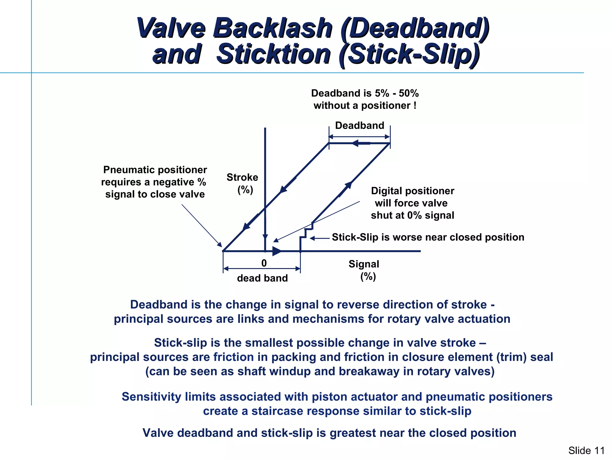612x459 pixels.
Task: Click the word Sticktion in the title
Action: tap(273, 54)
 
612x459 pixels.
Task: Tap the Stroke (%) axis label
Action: tap(242, 183)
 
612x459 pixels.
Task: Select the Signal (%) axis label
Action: tap(364, 270)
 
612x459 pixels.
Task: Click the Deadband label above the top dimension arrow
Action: tap(359, 125)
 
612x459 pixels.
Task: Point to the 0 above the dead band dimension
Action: tap(264, 263)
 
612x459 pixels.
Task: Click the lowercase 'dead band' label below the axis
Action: tap(262, 278)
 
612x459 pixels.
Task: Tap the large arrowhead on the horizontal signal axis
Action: tap(277, 251)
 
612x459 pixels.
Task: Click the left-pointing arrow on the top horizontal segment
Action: tap(359, 143)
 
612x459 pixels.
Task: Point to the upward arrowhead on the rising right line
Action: tap(348, 185)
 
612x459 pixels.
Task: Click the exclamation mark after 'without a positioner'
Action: tap(415, 105)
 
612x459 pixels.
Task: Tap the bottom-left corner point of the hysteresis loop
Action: tap(223, 251)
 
